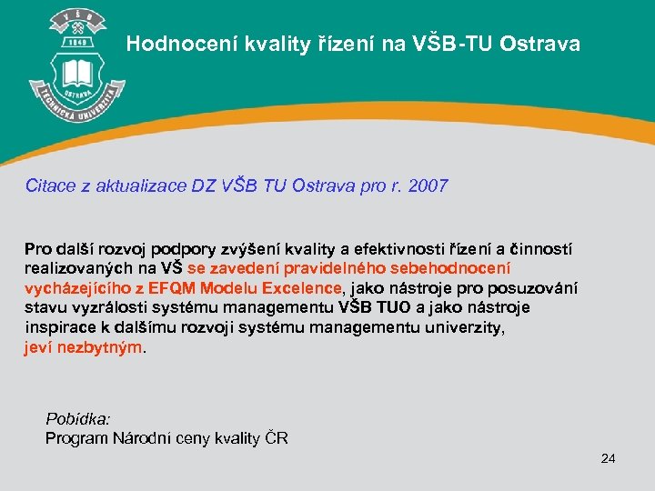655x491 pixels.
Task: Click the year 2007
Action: pos(428,186)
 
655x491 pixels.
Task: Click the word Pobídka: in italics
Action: pos(78,419)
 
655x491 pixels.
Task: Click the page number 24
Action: pos(608,457)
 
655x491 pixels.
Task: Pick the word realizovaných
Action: pos(76,269)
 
